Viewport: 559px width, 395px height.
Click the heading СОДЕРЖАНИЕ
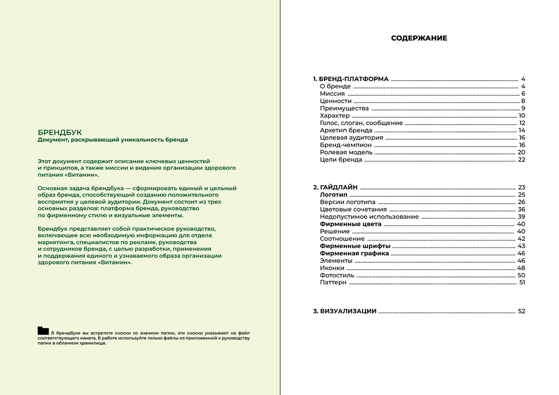click(x=419, y=38)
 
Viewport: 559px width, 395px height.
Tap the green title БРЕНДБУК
click(x=60, y=132)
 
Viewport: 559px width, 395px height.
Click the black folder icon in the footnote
click(x=43, y=331)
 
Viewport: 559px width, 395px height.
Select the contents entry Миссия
click(x=332, y=94)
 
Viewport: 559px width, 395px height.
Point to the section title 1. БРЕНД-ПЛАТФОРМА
click(x=350, y=79)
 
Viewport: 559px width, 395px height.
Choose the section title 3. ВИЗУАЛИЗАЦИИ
click(x=344, y=311)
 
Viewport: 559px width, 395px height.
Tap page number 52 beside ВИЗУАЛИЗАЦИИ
click(x=521, y=311)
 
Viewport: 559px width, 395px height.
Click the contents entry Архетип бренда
click(x=346, y=130)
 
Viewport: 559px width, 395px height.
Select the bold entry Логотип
click(x=334, y=194)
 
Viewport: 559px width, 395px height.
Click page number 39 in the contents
click(x=521, y=216)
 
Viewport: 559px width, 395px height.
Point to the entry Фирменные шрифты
click(x=355, y=246)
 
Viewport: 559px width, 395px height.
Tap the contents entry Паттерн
click(x=333, y=282)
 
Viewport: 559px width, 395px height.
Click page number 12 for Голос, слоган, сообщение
click(x=522, y=123)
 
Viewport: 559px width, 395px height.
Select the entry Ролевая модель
click(x=346, y=152)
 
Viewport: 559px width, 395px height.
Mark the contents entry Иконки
click(x=332, y=268)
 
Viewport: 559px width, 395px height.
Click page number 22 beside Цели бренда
click(x=521, y=160)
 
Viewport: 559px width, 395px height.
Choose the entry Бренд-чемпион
click(x=346, y=145)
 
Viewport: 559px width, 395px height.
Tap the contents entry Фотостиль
click(x=337, y=275)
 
